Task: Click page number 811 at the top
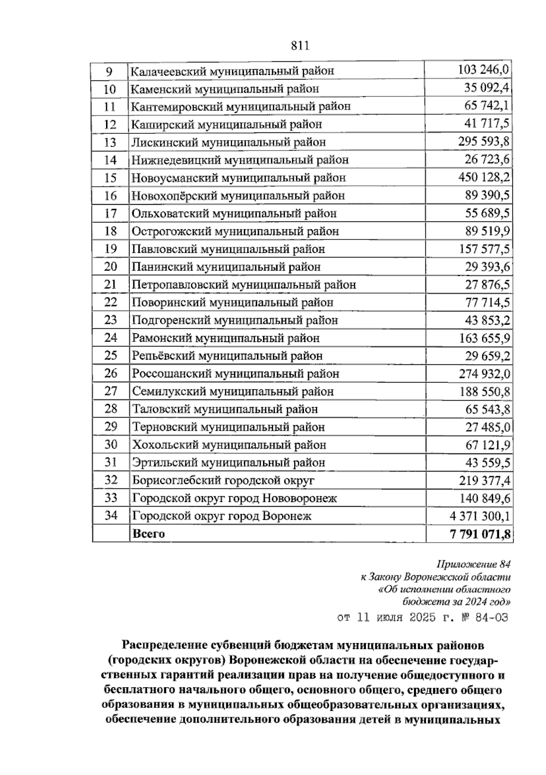coord(299,45)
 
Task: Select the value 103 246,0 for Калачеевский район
coord(483,70)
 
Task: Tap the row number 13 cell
coord(110,142)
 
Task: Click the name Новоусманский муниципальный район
coord(238,178)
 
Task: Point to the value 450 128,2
coord(484,177)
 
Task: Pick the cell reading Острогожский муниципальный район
coord(235,231)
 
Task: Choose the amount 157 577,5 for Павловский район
coord(484,249)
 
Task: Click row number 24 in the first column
coord(110,338)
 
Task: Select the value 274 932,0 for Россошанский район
coord(484,373)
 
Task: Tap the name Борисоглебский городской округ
coord(223,480)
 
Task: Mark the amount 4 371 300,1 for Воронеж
coord(480,516)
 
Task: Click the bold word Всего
coord(148,533)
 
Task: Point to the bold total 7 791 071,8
coord(480,533)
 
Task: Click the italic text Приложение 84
coord(473,564)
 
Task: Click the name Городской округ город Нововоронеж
coord(234,498)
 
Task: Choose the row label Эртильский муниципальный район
coord(228,463)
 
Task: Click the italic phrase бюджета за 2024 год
coord(456,601)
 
